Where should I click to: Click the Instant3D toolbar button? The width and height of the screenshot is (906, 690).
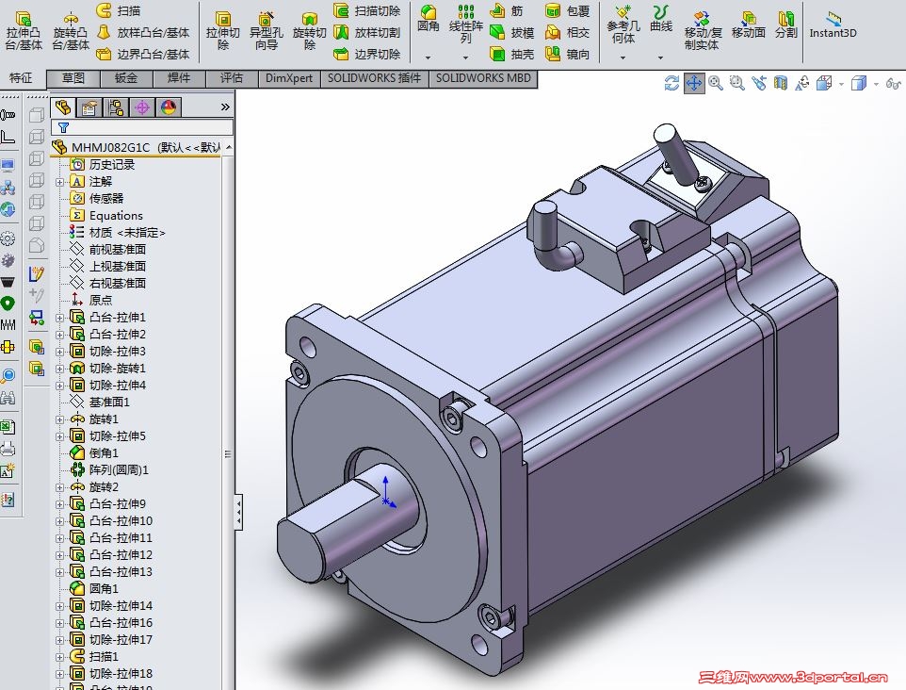point(833,25)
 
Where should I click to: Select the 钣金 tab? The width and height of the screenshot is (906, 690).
point(126,78)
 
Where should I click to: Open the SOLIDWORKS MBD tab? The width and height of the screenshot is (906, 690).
point(483,78)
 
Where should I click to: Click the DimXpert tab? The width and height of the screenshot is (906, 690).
point(289,78)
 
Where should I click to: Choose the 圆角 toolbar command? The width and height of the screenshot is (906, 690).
point(429,19)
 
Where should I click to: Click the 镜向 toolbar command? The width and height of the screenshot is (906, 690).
point(567,54)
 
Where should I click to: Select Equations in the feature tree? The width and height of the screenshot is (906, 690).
point(116,216)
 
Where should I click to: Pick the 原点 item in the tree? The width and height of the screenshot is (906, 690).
point(101,300)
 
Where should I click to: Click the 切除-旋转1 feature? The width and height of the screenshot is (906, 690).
point(117,369)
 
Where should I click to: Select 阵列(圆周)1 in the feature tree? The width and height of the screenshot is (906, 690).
point(119,469)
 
